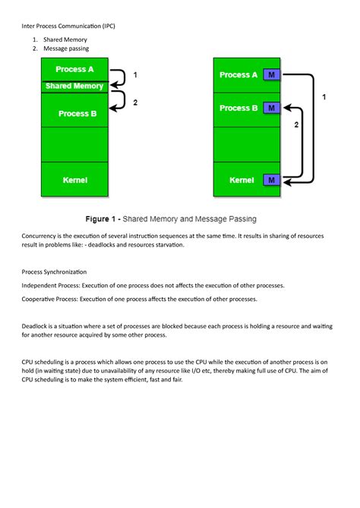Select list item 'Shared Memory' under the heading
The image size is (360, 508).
coord(65,39)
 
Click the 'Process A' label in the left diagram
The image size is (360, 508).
coord(75,69)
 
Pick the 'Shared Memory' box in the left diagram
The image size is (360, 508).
coord(74,86)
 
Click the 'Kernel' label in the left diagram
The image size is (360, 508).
coord(75,180)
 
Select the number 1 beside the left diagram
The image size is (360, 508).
coord(135,75)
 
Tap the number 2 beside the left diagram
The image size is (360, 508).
coord(135,104)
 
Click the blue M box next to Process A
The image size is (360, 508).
coord(271,75)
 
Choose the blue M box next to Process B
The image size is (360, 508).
coord(271,108)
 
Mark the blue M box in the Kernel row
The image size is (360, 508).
coord(271,180)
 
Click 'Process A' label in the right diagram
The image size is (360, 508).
coord(239,75)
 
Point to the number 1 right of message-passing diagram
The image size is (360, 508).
coord(324,98)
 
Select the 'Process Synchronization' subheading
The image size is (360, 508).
coord(54,271)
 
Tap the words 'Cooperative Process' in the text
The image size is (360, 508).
coord(57,299)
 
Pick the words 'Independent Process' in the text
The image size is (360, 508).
coord(58,286)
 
